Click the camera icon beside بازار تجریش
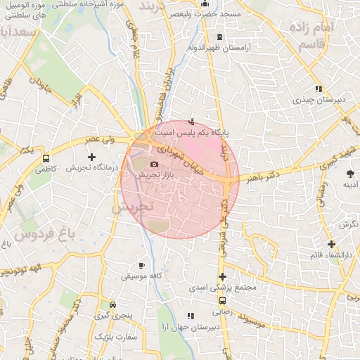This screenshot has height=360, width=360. [x=155, y=165]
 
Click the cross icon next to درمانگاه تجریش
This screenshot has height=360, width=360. [x=91, y=156]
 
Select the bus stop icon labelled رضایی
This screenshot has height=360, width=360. [x=221, y=300]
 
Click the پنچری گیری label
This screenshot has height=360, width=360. [x=113, y=317]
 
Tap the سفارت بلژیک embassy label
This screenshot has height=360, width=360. [x=136, y=338]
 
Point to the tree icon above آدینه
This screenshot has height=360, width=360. [x=350, y=173]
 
